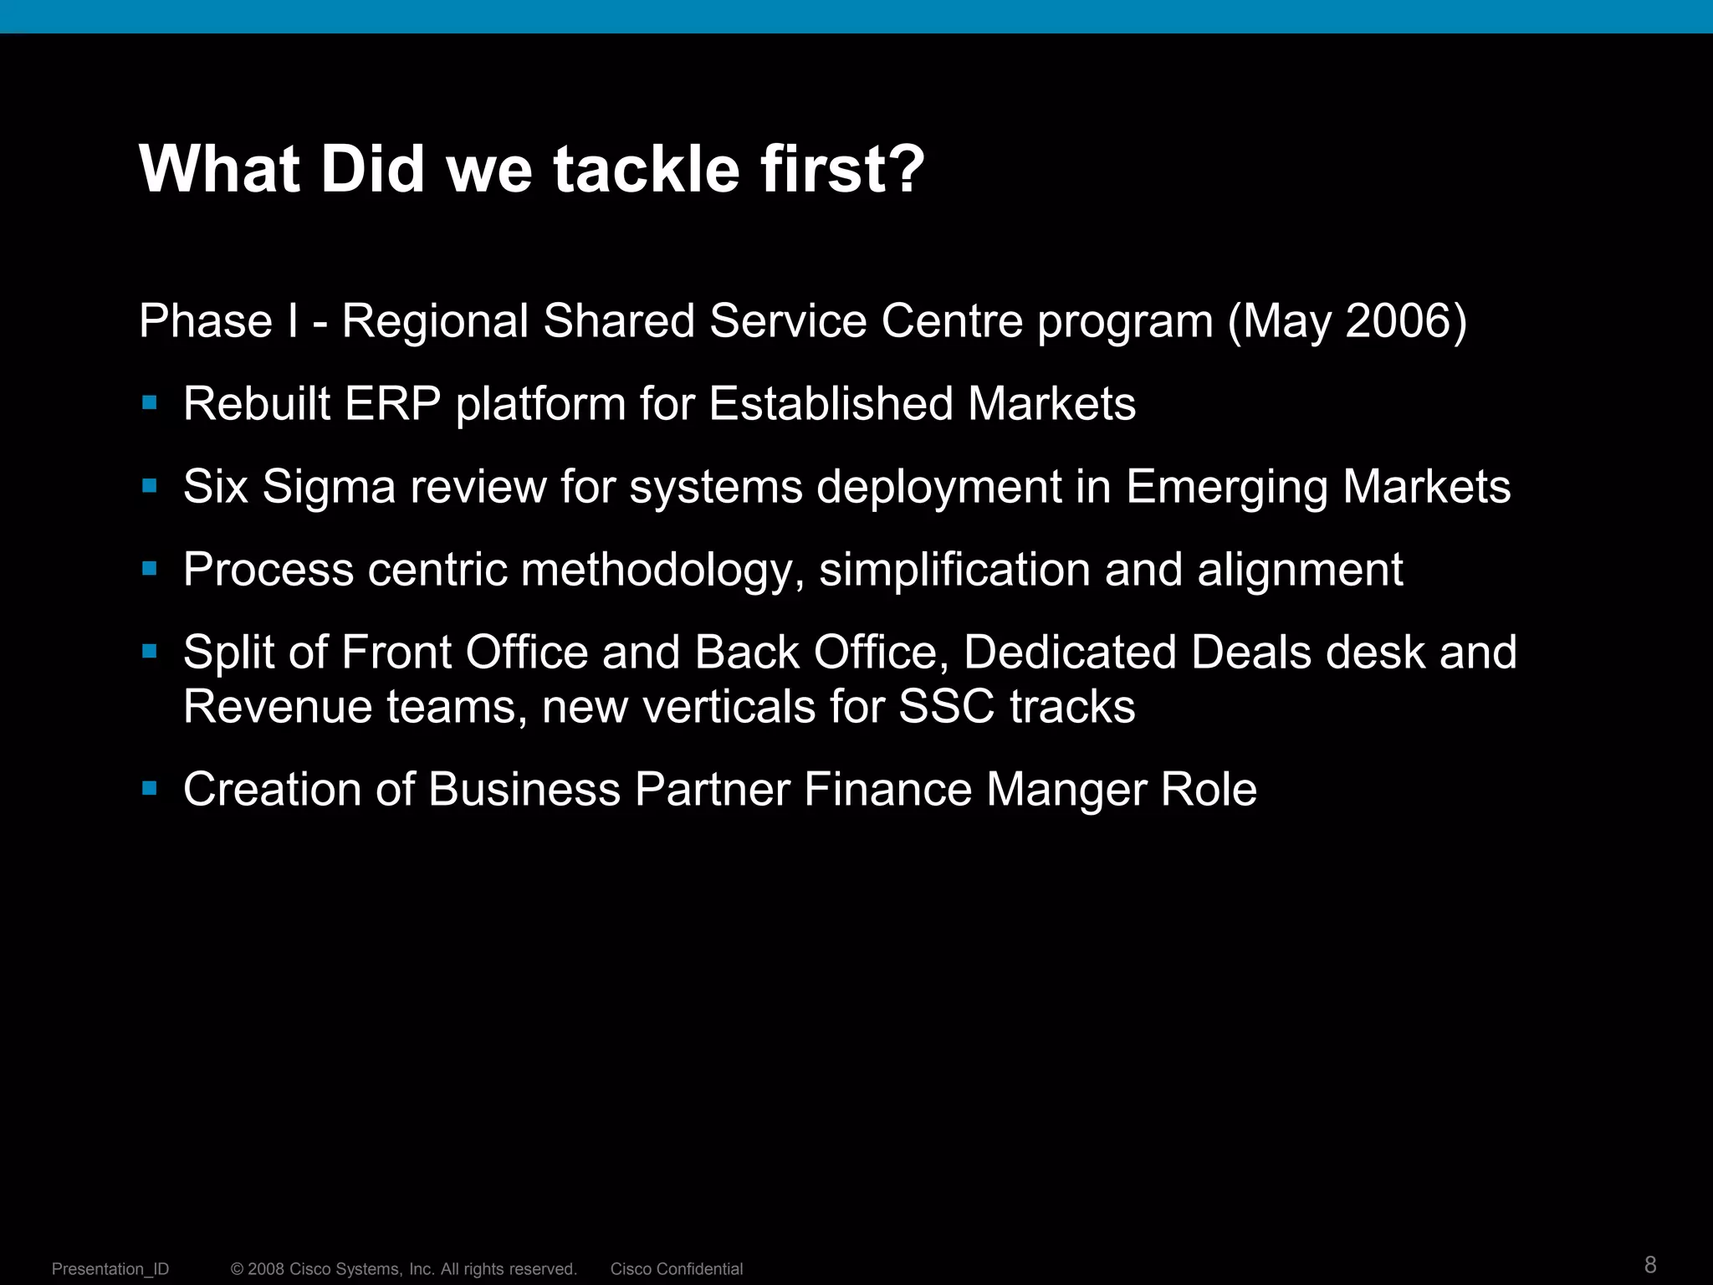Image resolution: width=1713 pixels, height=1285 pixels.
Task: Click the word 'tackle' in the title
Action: [x=646, y=169]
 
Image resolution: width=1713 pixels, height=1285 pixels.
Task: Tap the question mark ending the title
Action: [x=905, y=169]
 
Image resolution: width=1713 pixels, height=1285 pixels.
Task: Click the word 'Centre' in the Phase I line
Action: [x=952, y=320]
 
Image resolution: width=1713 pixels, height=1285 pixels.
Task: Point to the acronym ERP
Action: [x=392, y=404]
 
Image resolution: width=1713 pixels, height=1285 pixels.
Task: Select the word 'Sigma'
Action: [x=329, y=488]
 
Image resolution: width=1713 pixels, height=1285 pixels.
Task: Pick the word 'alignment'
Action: [x=1300, y=570]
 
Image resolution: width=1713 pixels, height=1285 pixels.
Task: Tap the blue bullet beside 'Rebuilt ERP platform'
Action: [x=150, y=403]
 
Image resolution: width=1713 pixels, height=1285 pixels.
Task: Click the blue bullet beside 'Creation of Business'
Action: [x=150, y=788]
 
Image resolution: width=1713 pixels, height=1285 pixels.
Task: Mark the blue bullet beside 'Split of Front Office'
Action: [x=150, y=651]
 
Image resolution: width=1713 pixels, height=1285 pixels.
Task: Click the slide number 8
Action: [x=1649, y=1264]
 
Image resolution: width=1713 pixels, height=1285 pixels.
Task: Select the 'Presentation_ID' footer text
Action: [x=110, y=1269]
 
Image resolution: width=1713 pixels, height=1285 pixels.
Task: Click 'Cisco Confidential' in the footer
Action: [x=676, y=1269]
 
